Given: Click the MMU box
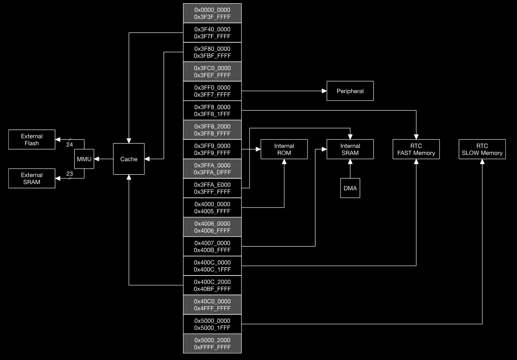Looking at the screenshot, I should coord(84,159).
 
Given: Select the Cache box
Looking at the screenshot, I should coord(129,159).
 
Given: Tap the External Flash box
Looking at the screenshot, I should coord(32,140).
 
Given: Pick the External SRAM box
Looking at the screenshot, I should coord(32,178).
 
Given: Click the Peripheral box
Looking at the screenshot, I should coord(350,91).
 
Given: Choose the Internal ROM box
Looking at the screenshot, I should coord(284,149).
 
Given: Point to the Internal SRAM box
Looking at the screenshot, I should coord(350,149).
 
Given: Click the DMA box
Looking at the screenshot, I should coord(350,188).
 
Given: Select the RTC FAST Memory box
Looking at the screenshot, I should coord(416,149).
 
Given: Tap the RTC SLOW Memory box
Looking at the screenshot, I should coord(482,149).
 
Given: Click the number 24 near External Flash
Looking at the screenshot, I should coord(70,145).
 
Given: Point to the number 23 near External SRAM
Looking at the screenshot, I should coord(70,174).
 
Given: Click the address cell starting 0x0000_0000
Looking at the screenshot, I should coord(212,13).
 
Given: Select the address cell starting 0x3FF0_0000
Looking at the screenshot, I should coord(212,91).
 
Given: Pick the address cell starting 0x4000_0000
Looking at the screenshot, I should coord(212,208).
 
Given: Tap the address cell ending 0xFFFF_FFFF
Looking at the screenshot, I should coord(212,343).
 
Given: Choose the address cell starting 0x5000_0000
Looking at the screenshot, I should coord(212,324).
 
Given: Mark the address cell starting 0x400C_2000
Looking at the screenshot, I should coord(212,285).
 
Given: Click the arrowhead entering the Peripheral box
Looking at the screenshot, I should coord(324,91).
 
